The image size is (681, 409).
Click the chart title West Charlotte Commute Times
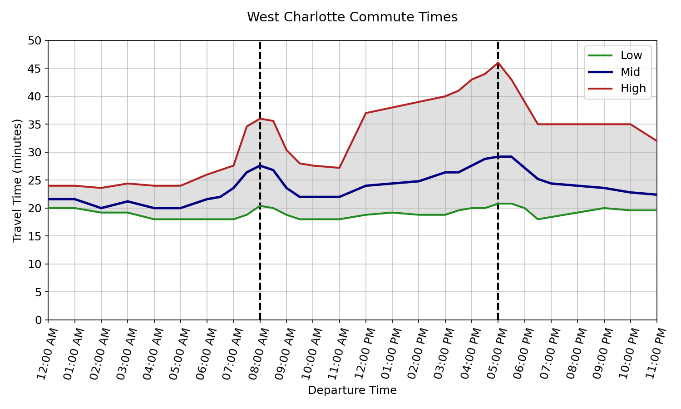tap(352, 17)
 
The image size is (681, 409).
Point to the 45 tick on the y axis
tap(35, 69)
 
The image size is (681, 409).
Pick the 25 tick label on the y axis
tap(35, 180)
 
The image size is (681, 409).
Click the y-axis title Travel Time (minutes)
tap(17, 180)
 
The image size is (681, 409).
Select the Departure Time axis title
tap(352, 390)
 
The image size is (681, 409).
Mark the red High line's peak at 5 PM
tap(498, 63)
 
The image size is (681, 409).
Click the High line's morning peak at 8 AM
tap(260, 119)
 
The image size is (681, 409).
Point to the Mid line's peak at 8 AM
tap(260, 165)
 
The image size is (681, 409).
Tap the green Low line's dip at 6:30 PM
tap(538, 219)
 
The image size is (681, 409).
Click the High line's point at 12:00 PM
tap(365, 113)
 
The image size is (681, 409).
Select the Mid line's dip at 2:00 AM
tap(101, 208)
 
